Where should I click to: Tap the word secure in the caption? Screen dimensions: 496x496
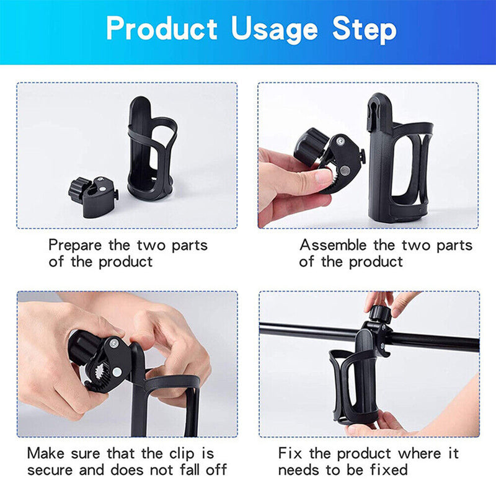(x=53, y=469)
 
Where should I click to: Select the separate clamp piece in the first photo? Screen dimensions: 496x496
(x=92, y=196)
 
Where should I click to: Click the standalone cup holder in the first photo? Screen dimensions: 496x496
(x=153, y=149)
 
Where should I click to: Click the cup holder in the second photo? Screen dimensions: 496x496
(x=397, y=161)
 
